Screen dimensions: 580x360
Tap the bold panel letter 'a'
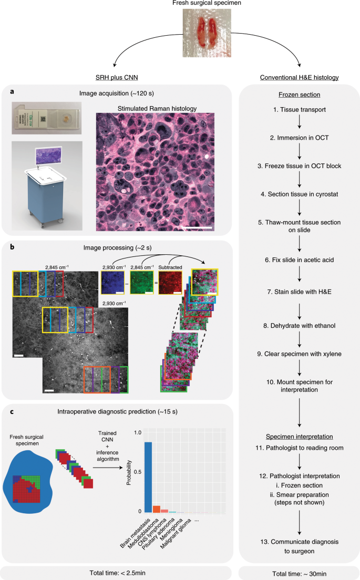point(11,91)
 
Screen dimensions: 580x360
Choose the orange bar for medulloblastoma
point(157,509)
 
